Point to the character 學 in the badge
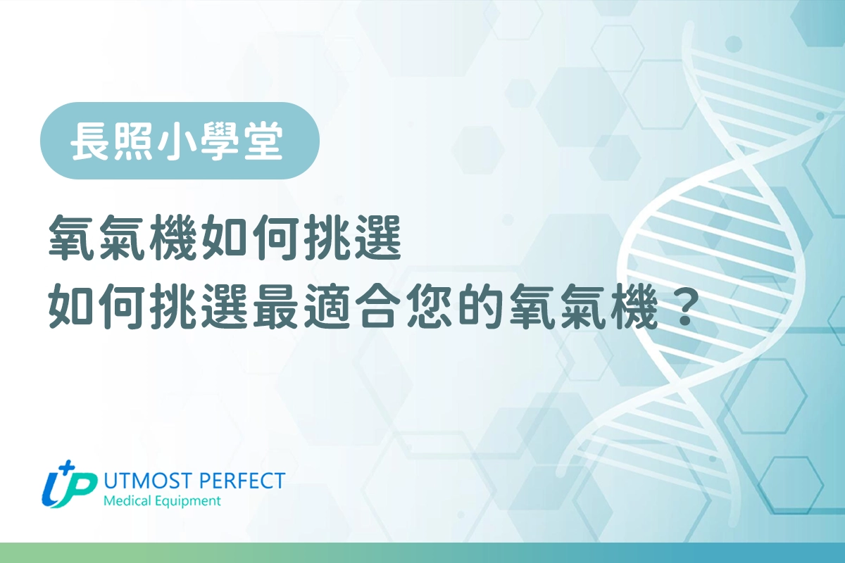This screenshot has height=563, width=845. coord(220,141)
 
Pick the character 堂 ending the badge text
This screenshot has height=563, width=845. coord(263,141)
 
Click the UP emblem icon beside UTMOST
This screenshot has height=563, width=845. coord(69,485)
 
